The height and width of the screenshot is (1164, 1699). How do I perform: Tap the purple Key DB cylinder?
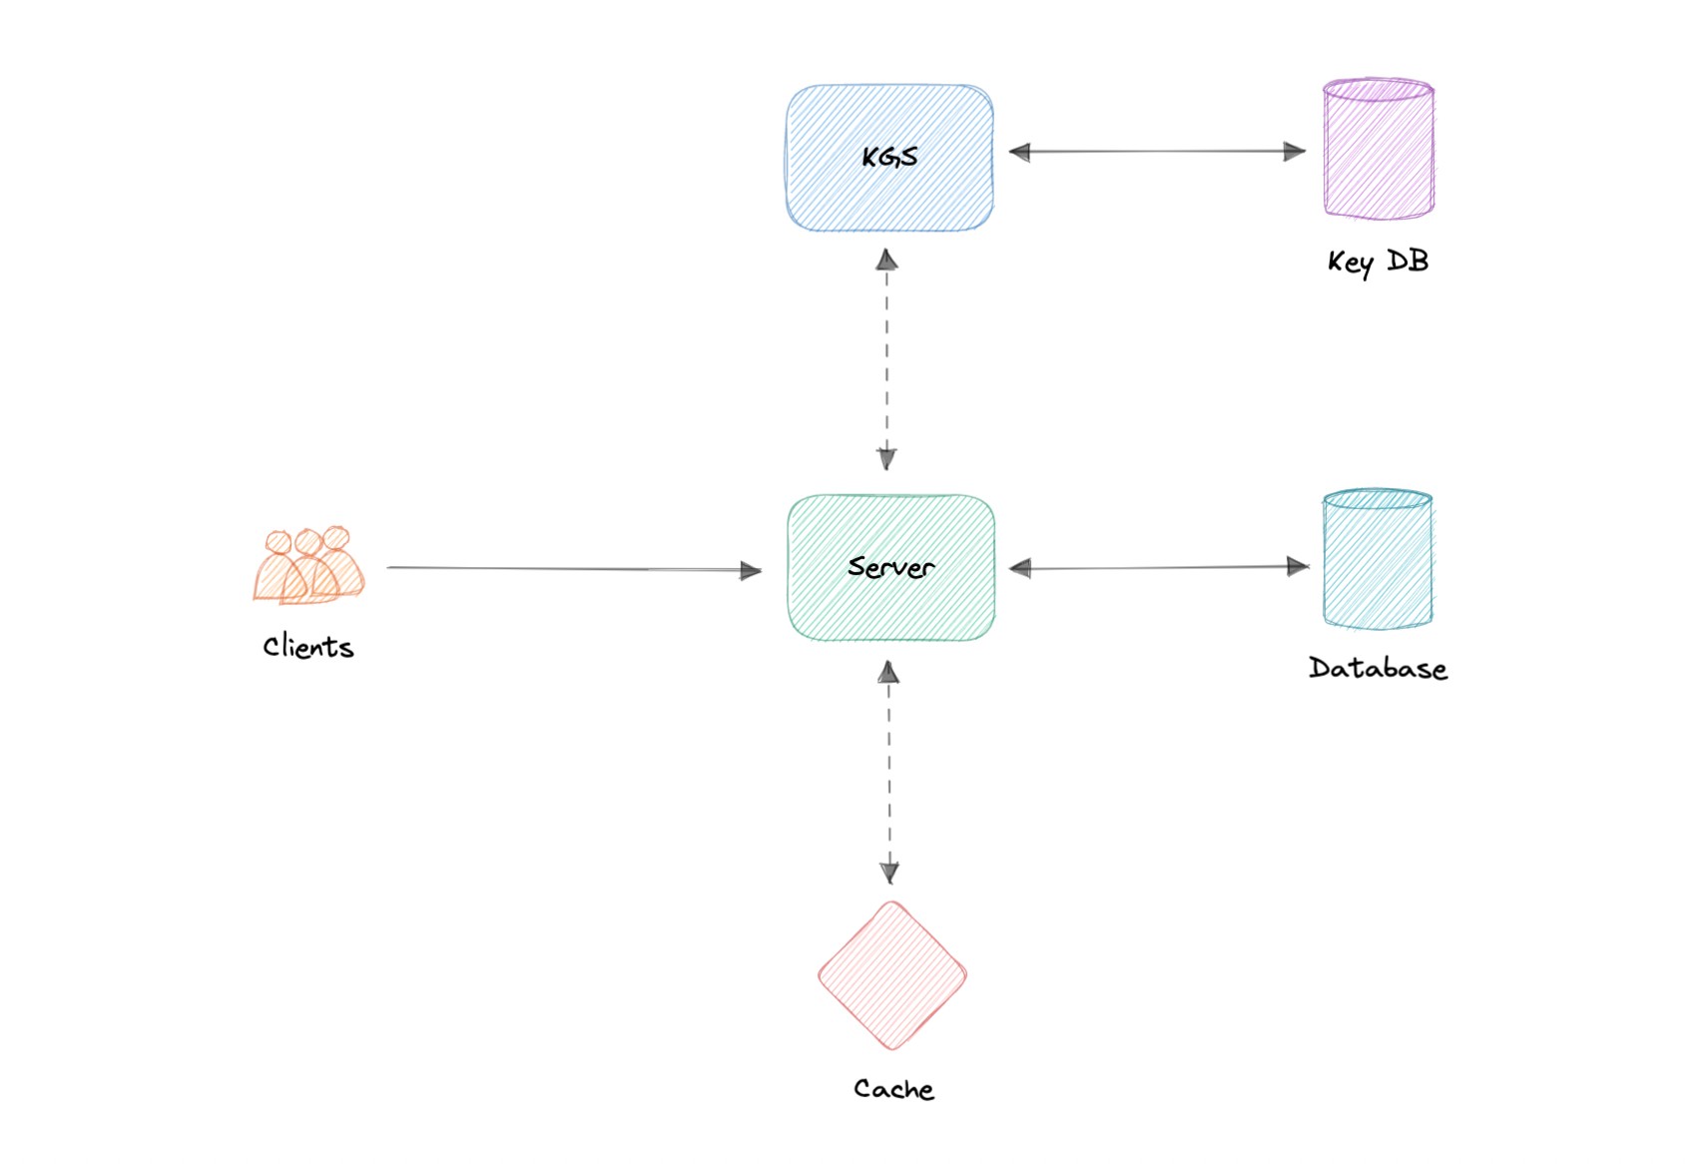click(x=1379, y=149)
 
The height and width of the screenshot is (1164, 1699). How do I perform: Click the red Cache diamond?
click(x=892, y=975)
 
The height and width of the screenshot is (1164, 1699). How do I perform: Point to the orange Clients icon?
click(x=308, y=566)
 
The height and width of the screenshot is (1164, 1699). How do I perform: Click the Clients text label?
click(x=308, y=647)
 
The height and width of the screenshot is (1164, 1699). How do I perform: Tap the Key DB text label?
click(x=1378, y=262)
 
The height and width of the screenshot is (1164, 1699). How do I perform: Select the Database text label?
click(x=1378, y=668)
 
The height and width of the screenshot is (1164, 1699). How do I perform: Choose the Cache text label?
click(x=893, y=1089)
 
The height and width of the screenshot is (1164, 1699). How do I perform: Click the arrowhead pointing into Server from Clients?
click(x=751, y=571)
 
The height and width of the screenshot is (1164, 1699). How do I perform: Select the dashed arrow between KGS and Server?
click(x=886, y=359)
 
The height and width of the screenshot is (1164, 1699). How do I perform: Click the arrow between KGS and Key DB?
click(x=1157, y=152)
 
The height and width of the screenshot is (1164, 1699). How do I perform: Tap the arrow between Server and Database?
click(x=1158, y=568)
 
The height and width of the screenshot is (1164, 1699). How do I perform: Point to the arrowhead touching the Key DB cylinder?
click(x=1295, y=152)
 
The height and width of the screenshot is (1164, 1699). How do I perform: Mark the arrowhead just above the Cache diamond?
click(x=889, y=872)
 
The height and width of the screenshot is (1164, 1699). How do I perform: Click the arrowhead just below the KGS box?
click(x=886, y=261)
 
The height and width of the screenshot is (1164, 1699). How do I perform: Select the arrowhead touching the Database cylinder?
click(x=1298, y=567)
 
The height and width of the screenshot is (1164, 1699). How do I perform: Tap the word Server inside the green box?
click(x=890, y=567)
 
